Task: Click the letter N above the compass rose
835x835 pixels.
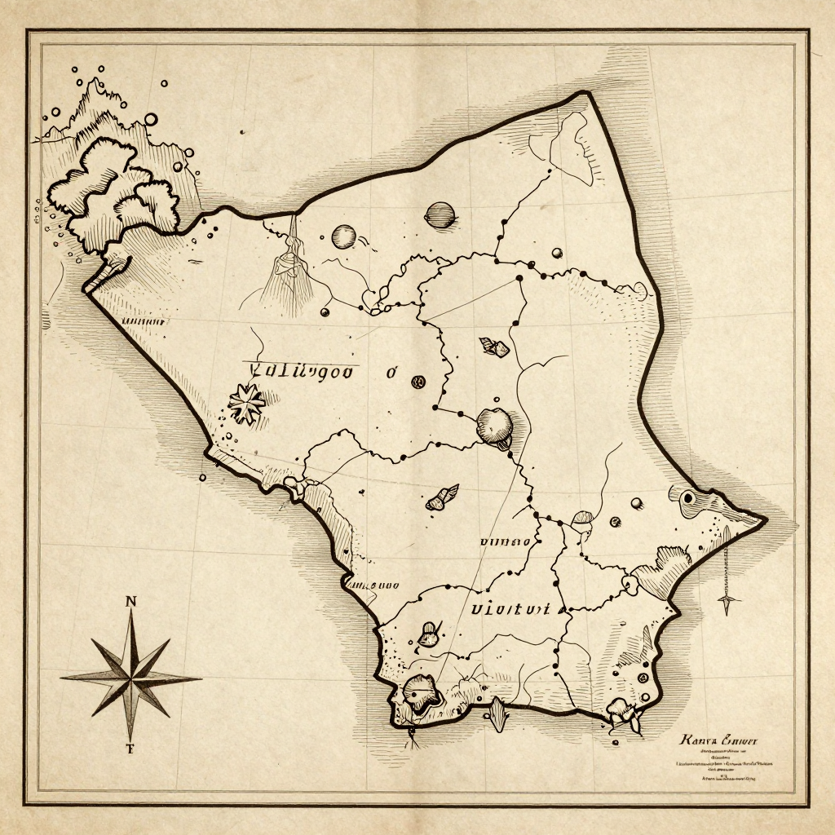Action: coord(131,603)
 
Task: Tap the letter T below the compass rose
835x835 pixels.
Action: coord(129,749)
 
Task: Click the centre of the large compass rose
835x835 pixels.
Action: coord(130,677)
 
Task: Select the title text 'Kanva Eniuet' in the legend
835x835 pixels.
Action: coord(718,740)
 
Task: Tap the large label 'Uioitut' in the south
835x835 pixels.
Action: coord(512,608)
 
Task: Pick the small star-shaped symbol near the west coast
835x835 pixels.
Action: coord(246,403)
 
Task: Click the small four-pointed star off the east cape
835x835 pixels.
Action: coord(727,601)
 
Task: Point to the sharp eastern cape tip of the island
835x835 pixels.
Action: coord(765,519)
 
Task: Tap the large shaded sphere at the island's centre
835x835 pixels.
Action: coord(495,426)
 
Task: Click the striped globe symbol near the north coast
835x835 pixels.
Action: coord(440,214)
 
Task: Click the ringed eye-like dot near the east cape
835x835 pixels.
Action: coord(687,497)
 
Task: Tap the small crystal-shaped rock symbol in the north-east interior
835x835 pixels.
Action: coord(493,347)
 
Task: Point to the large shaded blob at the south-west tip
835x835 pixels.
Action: coord(422,693)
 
